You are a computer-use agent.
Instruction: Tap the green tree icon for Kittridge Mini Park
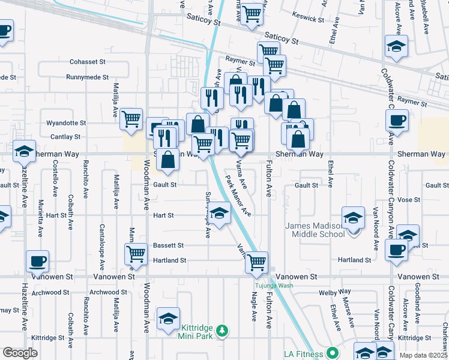(x=223, y=331)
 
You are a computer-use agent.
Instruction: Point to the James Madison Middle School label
(x=313, y=230)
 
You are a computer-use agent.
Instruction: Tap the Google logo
(x=20, y=353)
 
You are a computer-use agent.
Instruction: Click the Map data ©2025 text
(x=423, y=355)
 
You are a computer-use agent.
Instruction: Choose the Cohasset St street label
(x=88, y=61)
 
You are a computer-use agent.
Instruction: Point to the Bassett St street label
(x=168, y=245)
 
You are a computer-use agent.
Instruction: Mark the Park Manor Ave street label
(x=238, y=195)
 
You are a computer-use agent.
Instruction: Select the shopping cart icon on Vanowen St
(x=257, y=261)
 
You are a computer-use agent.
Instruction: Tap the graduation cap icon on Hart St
(x=219, y=213)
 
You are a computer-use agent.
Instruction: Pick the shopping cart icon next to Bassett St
(x=136, y=253)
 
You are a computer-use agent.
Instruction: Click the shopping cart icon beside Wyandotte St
(x=131, y=118)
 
